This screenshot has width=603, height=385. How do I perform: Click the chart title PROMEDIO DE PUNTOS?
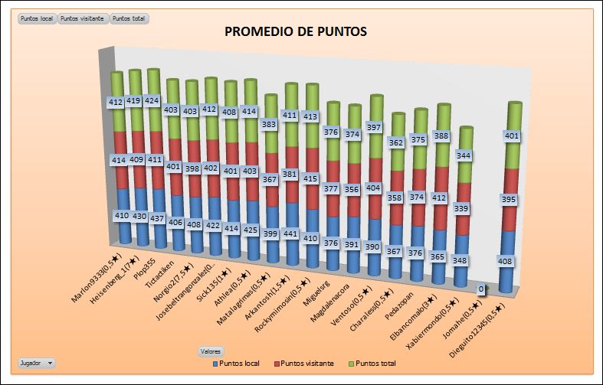pyautogui.click(x=296, y=32)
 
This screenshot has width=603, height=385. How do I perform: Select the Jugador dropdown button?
pyautogui.click(x=36, y=362)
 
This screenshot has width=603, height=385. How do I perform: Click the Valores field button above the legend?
pyautogui.click(x=211, y=351)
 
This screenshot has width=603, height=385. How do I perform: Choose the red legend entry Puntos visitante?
pyautogui.click(x=304, y=363)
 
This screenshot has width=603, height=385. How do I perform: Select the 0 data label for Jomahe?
pyautogui.click(x=480, y=289)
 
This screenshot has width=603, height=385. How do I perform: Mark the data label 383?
pyautogui.click(x=270, y=124)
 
